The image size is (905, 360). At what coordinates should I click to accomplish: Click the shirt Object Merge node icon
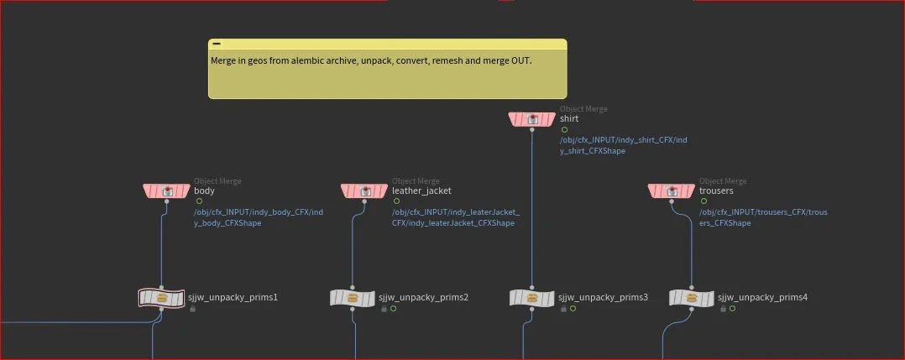pyautogui.click(x=532, y=119)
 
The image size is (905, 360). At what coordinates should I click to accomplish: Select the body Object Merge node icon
pyautogui.click(x=167, y=191)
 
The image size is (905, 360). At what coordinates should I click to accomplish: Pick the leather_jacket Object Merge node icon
pyautogui.click(x=365, y=191)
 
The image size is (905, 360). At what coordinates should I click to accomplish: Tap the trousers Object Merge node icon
pyautogui.click(x=672, y=191)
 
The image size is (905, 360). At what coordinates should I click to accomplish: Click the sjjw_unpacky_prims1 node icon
pyautogui.click(x=161, y=298)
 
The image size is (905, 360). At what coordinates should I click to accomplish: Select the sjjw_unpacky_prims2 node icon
pyautogui.click(x=353, y=298)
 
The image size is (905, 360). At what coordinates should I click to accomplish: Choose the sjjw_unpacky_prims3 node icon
pyautogui.click(x=532, y=298)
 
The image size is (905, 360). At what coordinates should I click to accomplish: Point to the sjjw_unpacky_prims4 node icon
pyautogui.click(x=692, y=298)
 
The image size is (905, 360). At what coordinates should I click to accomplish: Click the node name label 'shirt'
pyautogui.click(x=569, y=119)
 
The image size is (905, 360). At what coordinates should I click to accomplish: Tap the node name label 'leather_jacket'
pyautogui.click(x=421, y=191)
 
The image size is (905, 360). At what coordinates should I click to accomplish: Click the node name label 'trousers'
pyautogui.click(x=716, y=191)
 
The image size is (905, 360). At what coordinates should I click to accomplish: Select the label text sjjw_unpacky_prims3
pyautogui.click(x=603, y=298)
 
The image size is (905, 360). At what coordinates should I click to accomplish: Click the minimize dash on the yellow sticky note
pyautogui.click(x=217, y=44)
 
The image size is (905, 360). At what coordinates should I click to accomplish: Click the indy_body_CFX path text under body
pyautogui.click(x=258, y=212)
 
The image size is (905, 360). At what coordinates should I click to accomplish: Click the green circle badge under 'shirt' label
pyautogui.click(x=564, y=130)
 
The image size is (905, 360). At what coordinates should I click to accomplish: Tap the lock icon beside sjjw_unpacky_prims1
pyautogui.click(x=192, y=309)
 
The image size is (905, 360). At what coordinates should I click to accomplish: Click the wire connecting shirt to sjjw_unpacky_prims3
pyautogui.click(x=532, y=210)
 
